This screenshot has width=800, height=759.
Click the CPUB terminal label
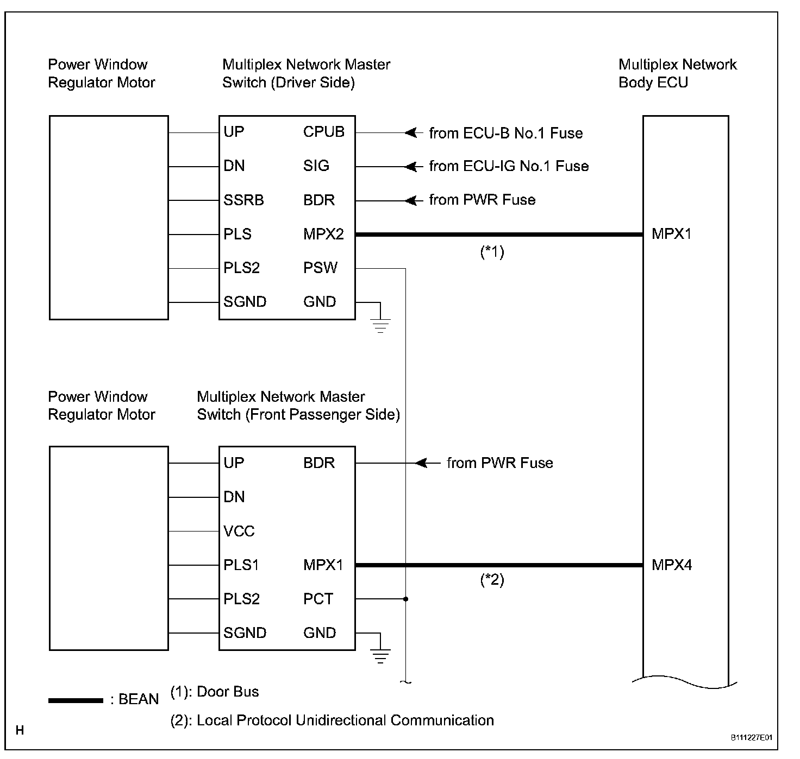[x=323, y=132]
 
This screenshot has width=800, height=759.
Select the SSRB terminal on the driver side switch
[x=243, y=200]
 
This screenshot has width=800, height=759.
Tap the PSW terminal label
[x=320, y=268]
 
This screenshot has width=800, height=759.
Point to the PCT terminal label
[x=318, y=599]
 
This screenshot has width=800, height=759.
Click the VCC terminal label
[x=239, y=531]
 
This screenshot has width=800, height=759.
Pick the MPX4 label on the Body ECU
[x=672, y=565]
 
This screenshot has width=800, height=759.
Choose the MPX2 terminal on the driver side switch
[x=323, y=234]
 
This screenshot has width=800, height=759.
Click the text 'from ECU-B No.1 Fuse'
[x=505, y=133]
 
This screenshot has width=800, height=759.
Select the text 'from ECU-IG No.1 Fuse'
[x=509, y=166]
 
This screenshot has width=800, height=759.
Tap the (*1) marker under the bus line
[x=492, y=252]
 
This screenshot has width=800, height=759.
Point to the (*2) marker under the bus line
[x=492, y=580]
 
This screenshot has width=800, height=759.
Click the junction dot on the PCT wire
[x=406, y=599]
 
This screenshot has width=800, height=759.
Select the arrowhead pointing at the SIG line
[x=412, y=166]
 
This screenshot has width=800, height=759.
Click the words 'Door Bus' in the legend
[x=228, y=692]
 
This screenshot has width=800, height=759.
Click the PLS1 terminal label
[x=241, y=565]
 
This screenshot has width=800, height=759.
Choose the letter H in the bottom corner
[x=20, y=731]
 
